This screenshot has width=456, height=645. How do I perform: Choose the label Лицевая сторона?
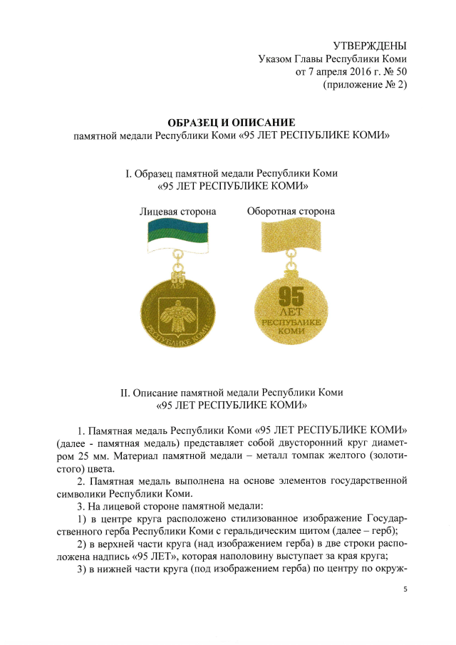point(177,211)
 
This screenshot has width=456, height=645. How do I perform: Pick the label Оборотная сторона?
point(291,211)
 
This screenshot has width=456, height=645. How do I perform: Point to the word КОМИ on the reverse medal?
point(290,332)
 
